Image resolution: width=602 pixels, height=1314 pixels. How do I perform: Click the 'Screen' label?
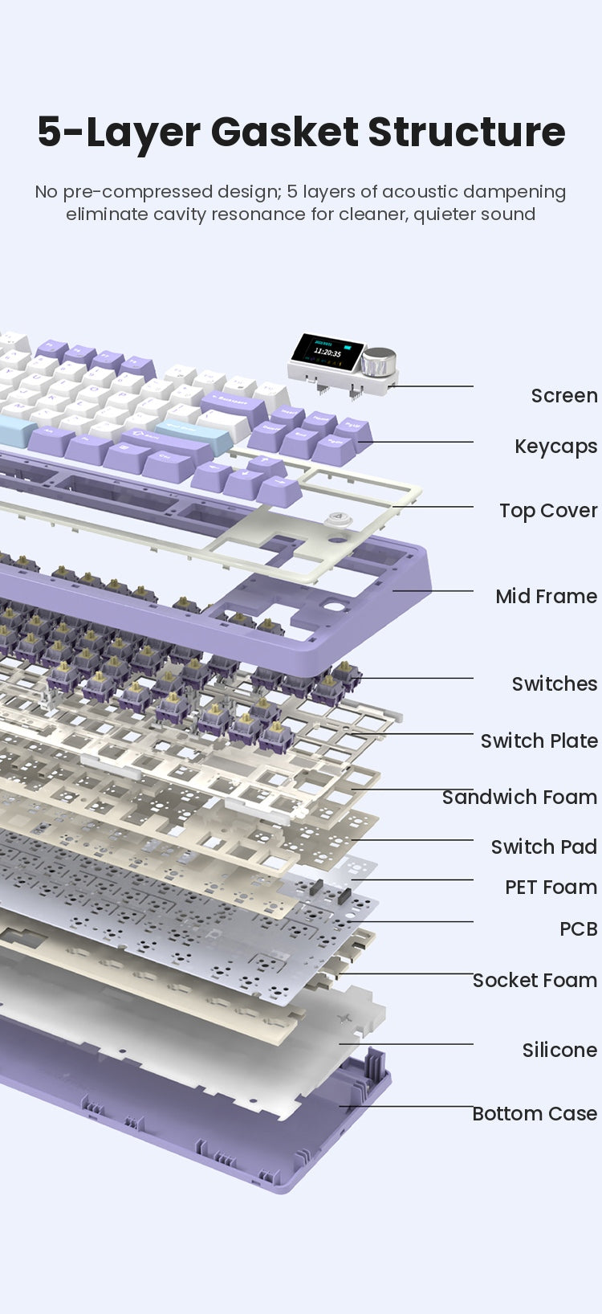564,395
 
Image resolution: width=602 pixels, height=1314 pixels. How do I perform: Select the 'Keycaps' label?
555,447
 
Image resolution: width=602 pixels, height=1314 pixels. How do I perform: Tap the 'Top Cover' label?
548,511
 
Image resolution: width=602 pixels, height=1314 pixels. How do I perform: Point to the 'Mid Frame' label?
547,596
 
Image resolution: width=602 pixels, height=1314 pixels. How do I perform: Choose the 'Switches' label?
555,684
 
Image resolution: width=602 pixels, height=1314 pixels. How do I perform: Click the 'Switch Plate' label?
539,741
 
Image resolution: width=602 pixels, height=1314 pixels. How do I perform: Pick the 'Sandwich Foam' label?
520,797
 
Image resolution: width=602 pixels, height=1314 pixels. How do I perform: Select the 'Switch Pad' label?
544,847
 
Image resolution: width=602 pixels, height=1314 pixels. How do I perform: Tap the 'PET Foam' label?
551,887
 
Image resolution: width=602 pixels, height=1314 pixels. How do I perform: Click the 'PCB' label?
579,928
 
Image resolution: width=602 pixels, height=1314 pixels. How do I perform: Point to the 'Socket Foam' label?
535,980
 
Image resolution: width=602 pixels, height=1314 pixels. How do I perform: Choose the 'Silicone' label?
559,1050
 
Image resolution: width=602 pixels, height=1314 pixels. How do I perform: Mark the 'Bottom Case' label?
535,1112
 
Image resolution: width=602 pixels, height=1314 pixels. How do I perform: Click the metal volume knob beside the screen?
377,361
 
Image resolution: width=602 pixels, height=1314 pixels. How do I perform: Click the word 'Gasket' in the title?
284,132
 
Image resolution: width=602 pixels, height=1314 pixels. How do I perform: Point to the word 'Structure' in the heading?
466,132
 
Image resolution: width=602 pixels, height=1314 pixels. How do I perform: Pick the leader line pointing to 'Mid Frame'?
433,590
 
